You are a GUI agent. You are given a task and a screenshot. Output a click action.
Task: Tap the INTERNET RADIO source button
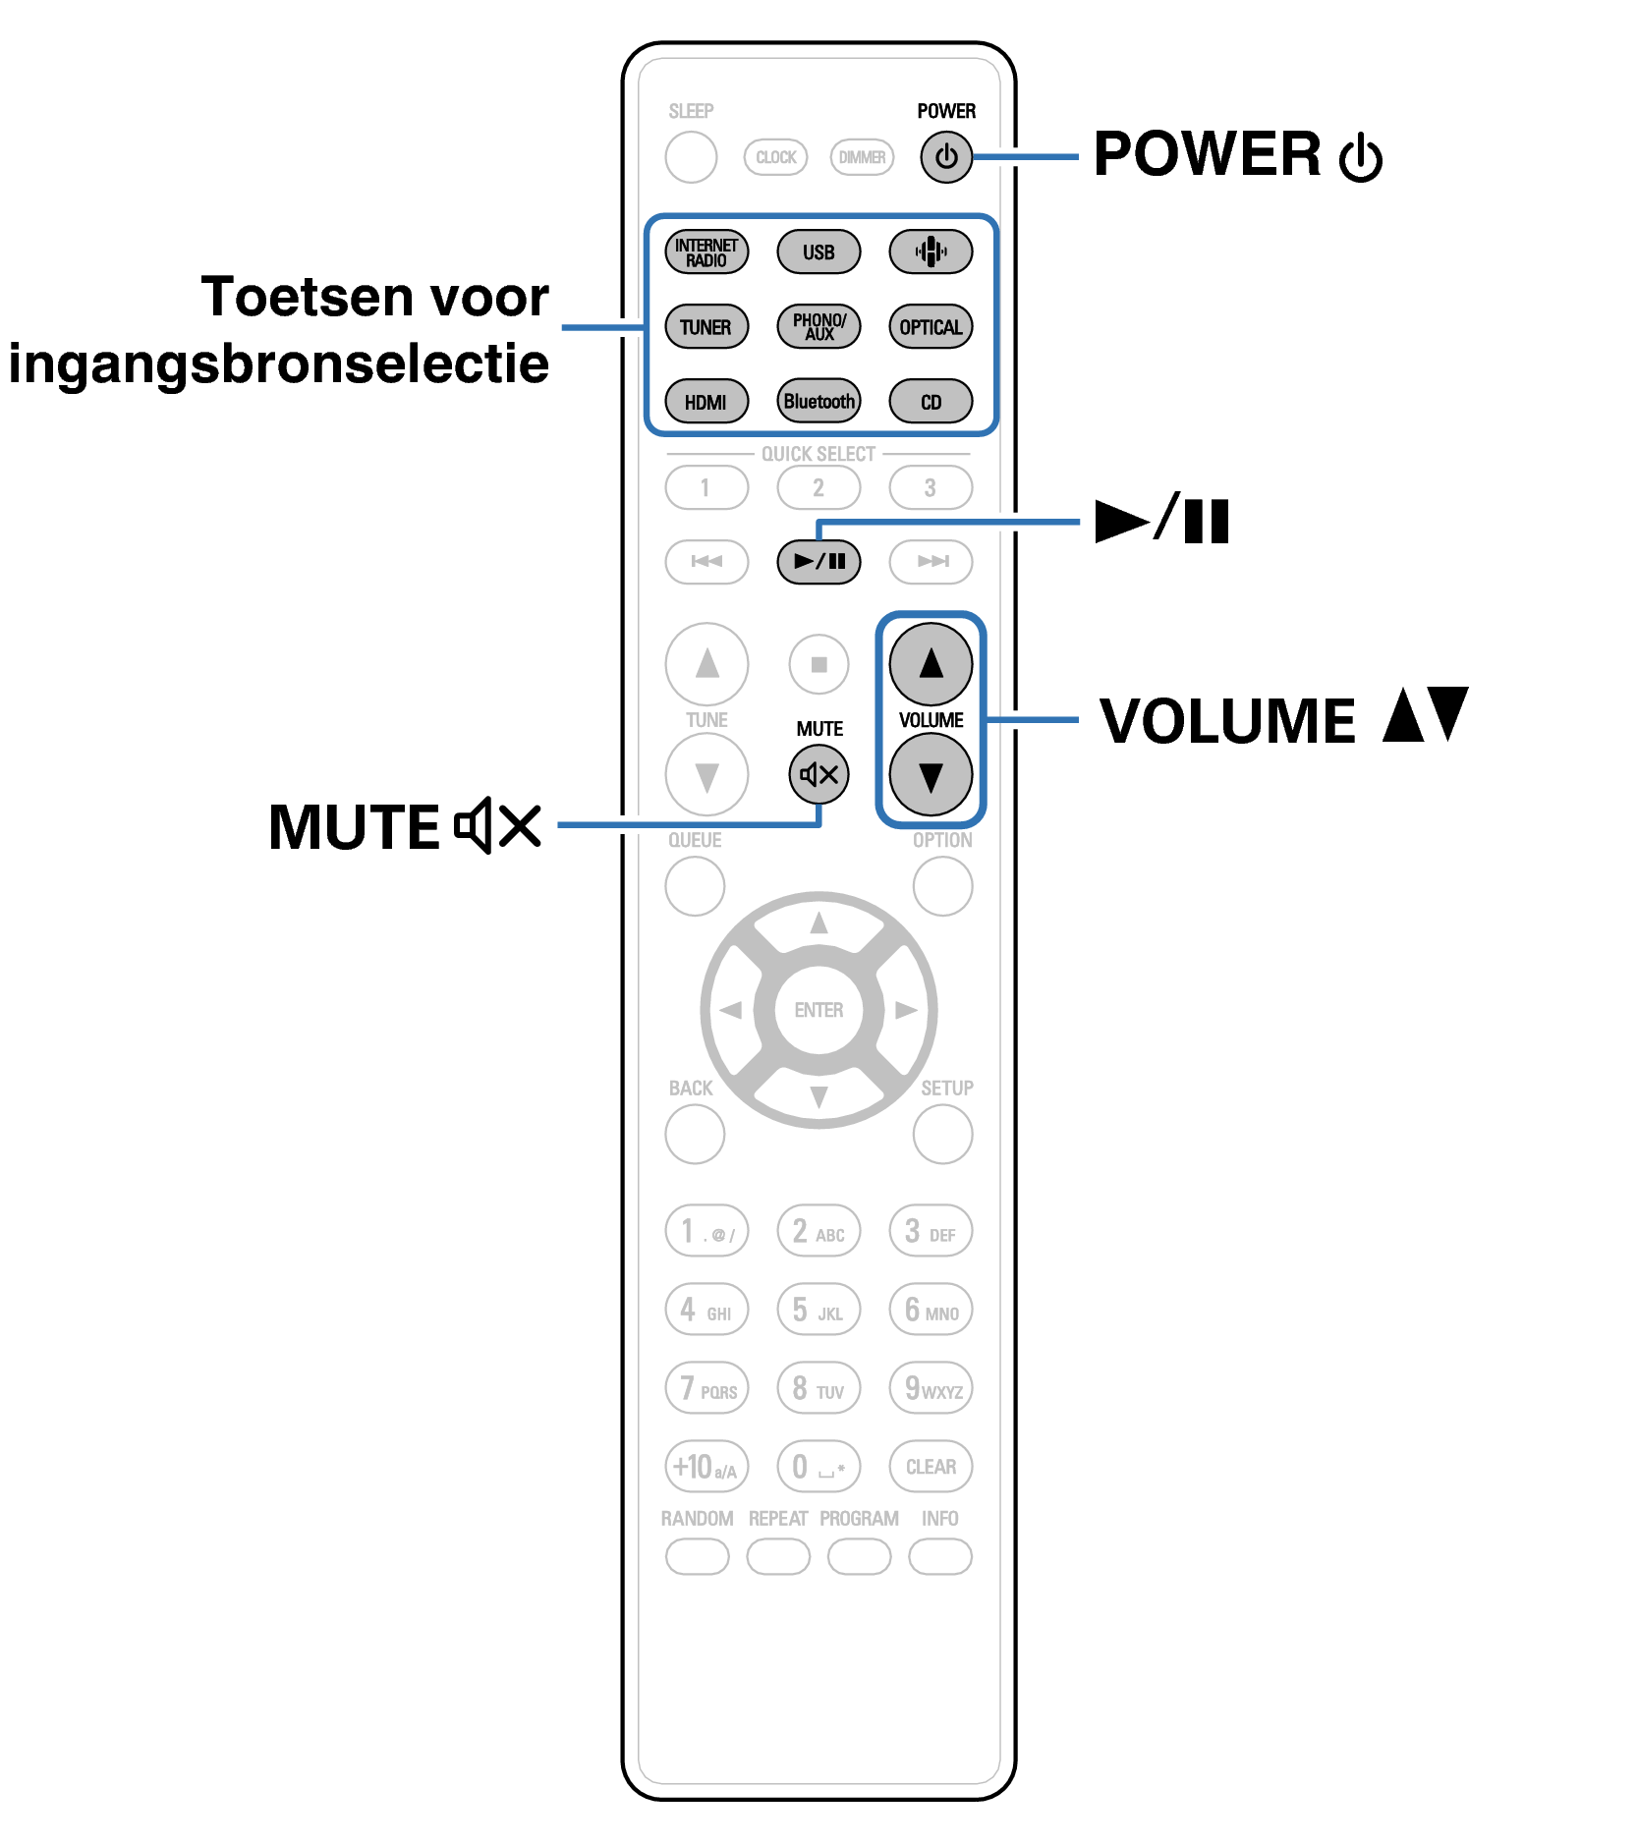(x=706, y=252)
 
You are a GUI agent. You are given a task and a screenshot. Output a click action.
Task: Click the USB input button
(x=818, y=252)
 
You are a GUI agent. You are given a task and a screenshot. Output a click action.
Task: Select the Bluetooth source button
(x=818, y=402)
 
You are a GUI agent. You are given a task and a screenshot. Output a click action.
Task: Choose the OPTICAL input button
(x=930, y=327)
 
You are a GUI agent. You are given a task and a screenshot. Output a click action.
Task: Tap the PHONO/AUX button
(x=818, y=327)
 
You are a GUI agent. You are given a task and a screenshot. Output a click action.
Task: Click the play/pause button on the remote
(x=818, y=562)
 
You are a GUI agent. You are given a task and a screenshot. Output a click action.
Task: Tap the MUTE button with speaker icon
(x=818, y=775)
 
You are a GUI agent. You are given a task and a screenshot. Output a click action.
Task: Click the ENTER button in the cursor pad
(x=818, y=1010)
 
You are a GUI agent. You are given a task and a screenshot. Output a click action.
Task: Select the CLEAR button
(x=930, y=1467)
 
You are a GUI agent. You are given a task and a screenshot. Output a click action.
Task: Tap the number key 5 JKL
(x=818, y=1310)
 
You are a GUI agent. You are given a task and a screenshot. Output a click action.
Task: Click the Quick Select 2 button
(x=818, y=488)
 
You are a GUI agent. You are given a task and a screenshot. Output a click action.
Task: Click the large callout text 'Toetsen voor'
(x=374, y=297)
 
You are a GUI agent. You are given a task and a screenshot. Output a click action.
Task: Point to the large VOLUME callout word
(x=1227, y=722)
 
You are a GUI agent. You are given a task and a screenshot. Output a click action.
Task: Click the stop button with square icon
(x=818, y=665)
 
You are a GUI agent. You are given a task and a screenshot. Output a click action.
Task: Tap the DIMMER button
(x=862, y=157)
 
